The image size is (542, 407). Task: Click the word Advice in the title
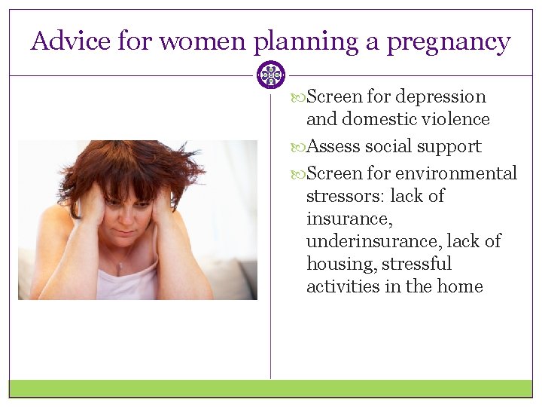click(72, 41)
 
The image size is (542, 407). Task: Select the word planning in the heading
click(305, 42)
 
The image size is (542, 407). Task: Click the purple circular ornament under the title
click(270, 75)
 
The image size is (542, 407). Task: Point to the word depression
click(440, 97)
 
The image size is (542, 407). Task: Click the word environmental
click(456, 173)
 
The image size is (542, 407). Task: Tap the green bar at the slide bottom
click(271, 388)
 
